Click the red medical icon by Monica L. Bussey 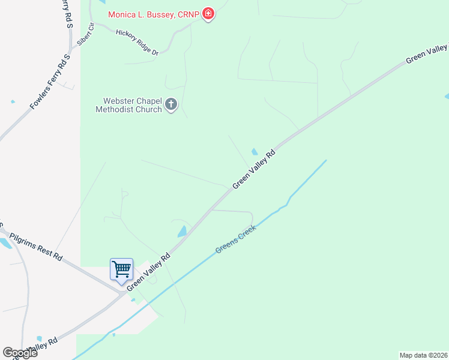tap(208, 14)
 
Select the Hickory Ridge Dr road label tap(137, 43)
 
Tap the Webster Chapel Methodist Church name tap(129, 105)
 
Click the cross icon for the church tap(171, 105)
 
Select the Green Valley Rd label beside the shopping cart tap(148, 269)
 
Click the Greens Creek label tap(236, 239)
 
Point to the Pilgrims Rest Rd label tap(36, 247)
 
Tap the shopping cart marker tap(121, 270)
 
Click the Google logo tap(20, 353)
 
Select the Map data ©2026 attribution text tap(423, 355)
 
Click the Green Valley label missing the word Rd tap(427, 53)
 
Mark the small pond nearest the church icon tap(255, 151)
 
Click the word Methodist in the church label tap(116, 109)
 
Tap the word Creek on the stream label tap(246, 233)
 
